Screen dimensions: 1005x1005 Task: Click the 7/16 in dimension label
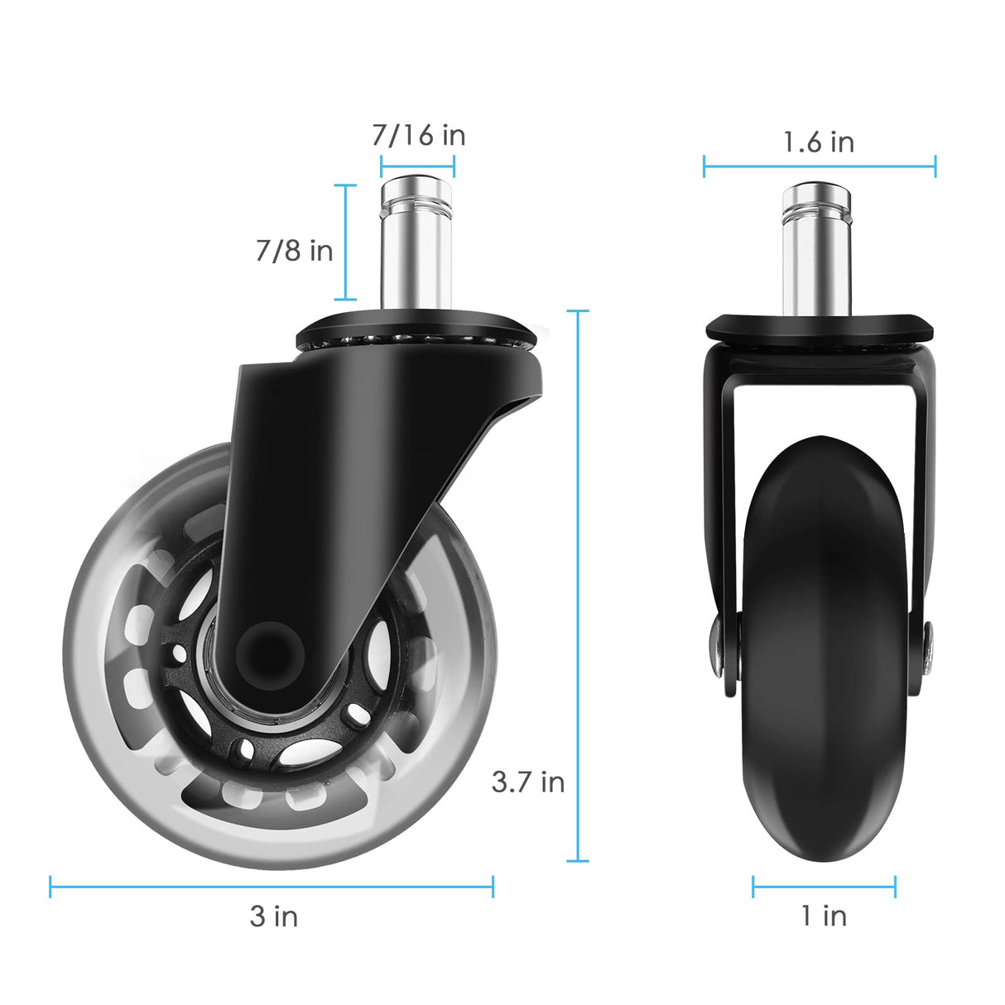tap(418, 135)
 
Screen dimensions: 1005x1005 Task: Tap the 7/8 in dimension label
tap(294, 250)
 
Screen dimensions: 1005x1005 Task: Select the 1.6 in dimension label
tap(819, 142)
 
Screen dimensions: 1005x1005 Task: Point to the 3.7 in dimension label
tap(527, 781)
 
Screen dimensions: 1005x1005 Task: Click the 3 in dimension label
tap(273, 916)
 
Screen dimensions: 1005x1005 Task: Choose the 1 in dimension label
tap(824, 916)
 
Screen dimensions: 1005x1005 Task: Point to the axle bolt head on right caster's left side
tap(714, 642)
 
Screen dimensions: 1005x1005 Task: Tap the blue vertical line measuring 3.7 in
tap(578, 579)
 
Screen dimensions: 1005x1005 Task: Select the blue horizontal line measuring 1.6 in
tap(820, 166)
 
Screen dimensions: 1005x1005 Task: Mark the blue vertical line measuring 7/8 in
tap(346, 242)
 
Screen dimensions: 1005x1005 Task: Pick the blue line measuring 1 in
tap(824, 887)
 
